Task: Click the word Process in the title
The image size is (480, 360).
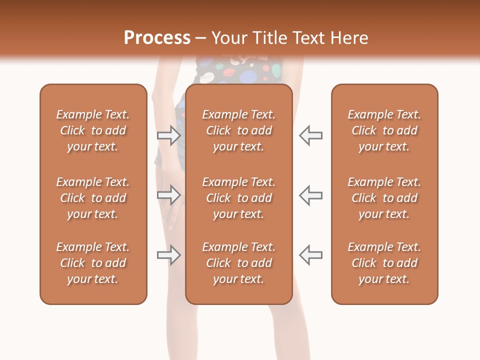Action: point(157,38)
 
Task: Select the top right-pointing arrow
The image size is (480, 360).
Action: point(169,135)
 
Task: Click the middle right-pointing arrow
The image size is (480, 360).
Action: point(169,195)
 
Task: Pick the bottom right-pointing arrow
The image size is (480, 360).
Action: point(169,255)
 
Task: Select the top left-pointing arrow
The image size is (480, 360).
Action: point(310,135)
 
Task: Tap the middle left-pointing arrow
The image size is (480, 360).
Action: point(310,195)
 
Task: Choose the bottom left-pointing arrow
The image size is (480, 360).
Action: point(310,255)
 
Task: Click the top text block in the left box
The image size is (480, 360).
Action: point(93,130)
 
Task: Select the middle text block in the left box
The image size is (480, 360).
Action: point(93,198)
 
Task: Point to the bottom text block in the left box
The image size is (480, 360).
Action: point(93,263)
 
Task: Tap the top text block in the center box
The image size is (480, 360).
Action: point(238,130)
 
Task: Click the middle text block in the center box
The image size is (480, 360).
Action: point(238,198)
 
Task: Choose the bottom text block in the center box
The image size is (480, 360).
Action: point(238,263)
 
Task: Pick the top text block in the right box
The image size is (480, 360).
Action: point(384,130)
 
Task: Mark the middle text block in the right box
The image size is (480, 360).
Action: point(384,198)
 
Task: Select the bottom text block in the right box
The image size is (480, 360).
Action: point(384,263)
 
